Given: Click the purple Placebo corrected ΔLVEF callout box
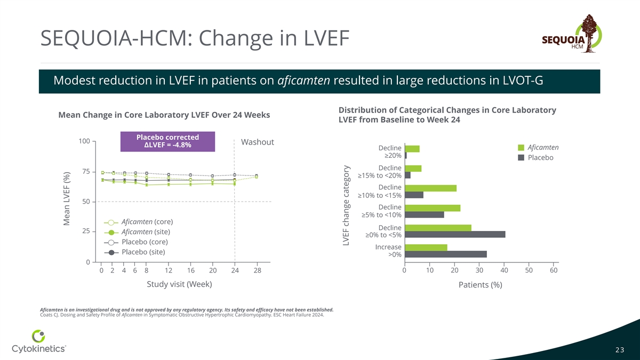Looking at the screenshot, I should pos(168,141).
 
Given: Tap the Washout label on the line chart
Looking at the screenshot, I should pos(258,142).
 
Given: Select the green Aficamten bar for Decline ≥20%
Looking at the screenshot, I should pos(412,149).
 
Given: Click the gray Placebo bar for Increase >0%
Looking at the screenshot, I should pos(445,254).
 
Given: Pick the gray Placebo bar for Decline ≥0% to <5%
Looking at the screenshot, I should pos(455,234).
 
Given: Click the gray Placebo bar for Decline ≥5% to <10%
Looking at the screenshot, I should pos(425,214).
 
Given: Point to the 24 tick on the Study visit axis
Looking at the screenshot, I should pos(235,271).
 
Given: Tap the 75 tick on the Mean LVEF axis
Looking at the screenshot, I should pos(85,171).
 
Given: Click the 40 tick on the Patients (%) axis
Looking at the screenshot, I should pos(504,271).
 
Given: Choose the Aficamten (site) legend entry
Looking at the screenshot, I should pos(142,232).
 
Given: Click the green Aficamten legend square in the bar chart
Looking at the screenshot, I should pos(522,147).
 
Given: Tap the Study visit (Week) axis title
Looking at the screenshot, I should pos(179,284).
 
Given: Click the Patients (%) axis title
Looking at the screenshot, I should pos(480,285).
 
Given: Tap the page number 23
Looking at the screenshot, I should pos(620,350).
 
